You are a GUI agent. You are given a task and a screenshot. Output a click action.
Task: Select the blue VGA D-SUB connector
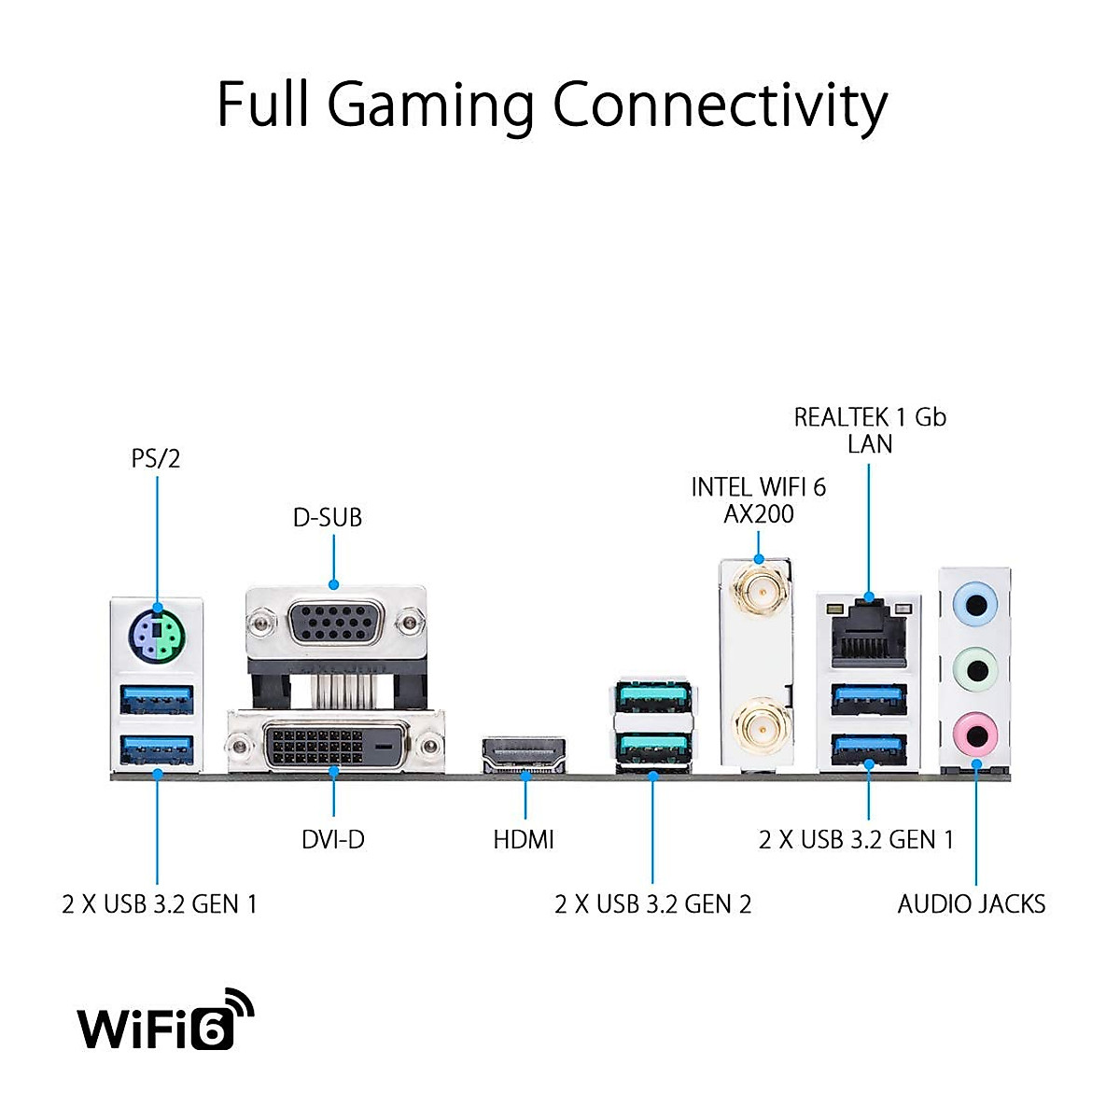pos(335,623)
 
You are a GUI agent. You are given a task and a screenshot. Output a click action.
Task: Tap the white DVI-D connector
pos(336,745)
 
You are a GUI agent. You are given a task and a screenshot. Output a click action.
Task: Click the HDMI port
pos(524,754)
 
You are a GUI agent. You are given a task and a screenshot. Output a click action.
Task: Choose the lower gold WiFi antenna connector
pos(760,725)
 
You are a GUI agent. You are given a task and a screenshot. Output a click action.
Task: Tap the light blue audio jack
pos(976,605)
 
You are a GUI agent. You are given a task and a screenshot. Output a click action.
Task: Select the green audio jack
pos(976,670)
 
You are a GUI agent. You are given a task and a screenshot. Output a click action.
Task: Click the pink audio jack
pos(976,735)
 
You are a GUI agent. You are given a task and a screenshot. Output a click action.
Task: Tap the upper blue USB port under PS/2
pos(157,700)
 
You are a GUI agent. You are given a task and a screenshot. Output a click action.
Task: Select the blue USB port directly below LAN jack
pos(869,700)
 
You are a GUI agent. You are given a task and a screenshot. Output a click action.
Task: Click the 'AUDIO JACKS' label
pos(972,904)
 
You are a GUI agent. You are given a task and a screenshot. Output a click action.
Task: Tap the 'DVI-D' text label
pos(333,840)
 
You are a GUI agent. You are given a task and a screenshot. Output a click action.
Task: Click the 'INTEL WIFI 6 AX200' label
pos(759,500)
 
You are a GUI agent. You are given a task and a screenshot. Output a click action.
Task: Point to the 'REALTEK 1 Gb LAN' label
pos(870,430)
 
